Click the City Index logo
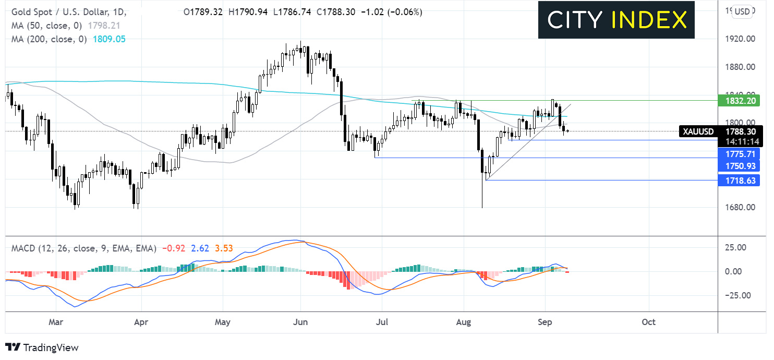pyautogui.click(x=616, y=20)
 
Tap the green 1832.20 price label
pyautogui.click(x=739, y=100)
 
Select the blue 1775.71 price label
pyautogui.click(x=739, y=153)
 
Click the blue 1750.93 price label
pyautogui.click(x=739, y=166)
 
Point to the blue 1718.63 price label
pyautogui.click(x=739, y=181)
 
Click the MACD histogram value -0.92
pyautogui.click(x=171, y=249)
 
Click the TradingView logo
pyautogui.click(x=42, y=347)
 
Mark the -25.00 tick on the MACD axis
pyautogui.click(x=741, y=295)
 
